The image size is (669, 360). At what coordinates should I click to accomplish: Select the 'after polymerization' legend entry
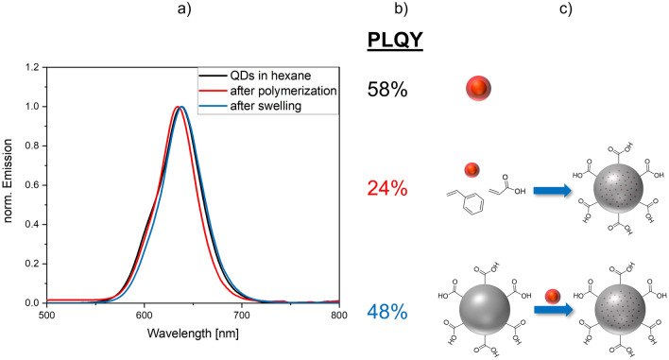pyautogui.click(x=280, y=93)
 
